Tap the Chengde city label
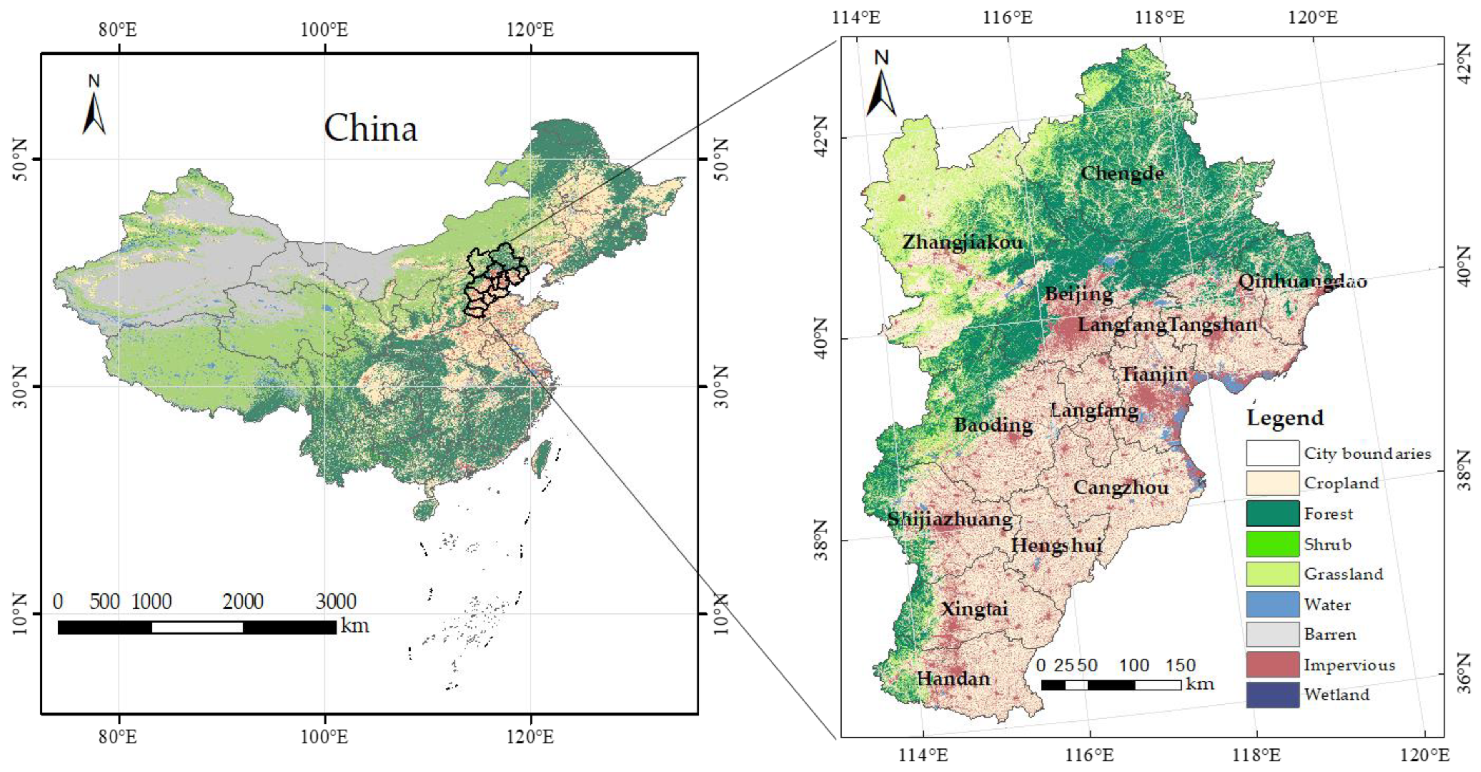(1122, 173)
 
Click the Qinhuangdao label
(1302, 281)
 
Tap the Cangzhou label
(1121, 488)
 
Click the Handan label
(953, 679)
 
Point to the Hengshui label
(1057, 545)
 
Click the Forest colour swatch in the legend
(1272, 513)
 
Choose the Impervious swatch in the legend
(1272, 664)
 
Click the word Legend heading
(1285, 418)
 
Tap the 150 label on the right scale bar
(1180, 666)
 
